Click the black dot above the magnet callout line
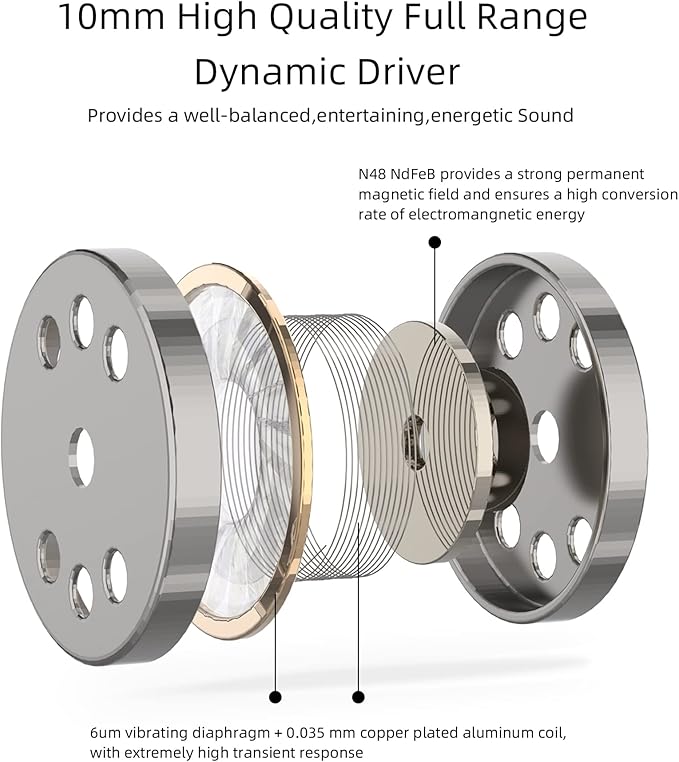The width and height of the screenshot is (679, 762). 435,242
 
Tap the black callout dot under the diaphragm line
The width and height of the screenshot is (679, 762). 276,697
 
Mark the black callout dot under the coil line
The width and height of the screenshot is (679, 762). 358,697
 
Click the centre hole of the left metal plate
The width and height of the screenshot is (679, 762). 82,457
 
